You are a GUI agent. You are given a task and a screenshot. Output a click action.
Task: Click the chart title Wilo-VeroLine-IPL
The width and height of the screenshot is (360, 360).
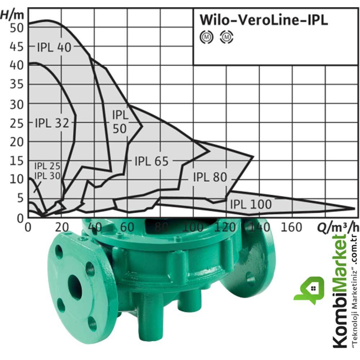tap(264, 20)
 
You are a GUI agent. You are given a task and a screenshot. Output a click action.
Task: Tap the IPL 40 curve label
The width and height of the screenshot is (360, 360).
tap(54, 47)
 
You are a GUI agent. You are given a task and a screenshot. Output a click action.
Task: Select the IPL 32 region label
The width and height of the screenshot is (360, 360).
tap(52, 123)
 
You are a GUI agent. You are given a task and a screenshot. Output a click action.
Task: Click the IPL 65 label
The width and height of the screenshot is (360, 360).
tap(152, 161)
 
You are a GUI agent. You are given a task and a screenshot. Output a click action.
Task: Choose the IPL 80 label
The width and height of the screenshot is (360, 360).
tap(210, 177)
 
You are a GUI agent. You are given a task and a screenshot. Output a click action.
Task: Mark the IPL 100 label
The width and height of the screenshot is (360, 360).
tap(251, 204)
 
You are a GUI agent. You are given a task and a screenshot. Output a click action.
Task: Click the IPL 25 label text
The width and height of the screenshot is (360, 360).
tap(47, 166)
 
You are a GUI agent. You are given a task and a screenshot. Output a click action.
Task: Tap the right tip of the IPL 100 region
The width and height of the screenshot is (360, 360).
tap(354, 208)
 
